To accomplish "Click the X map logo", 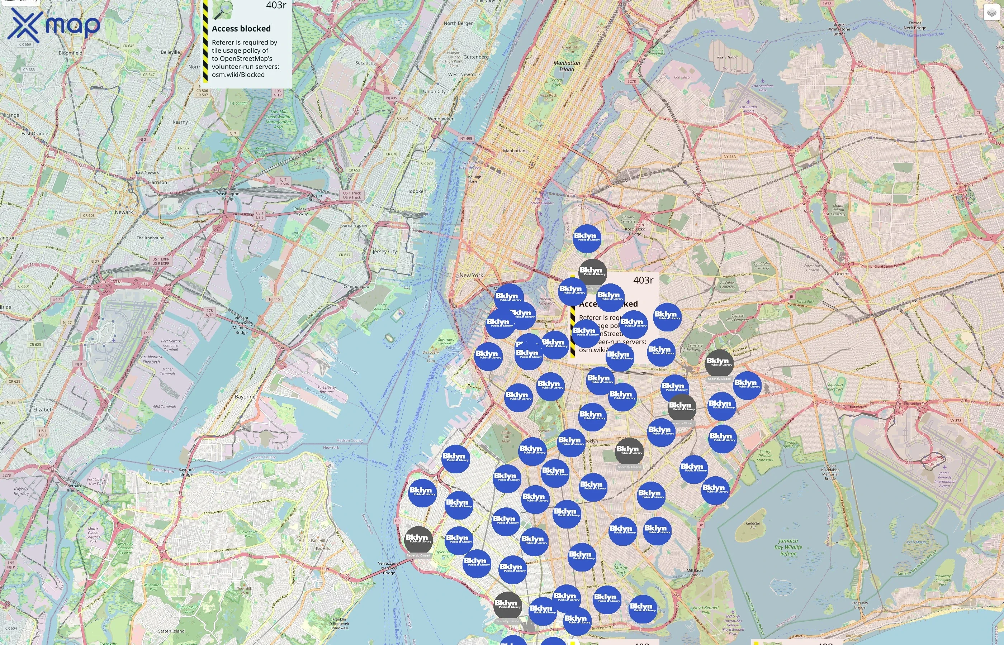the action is coord(54,25).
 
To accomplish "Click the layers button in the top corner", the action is coord(991,13).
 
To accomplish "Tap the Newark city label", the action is coord(124,212).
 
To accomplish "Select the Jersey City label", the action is coord(384,252).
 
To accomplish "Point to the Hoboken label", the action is coord(416,191).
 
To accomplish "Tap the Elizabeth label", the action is coord(44,410).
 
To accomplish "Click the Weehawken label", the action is coord(441,119).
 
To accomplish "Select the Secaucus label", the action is coord(365,63).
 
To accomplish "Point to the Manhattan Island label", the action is coord(567,66).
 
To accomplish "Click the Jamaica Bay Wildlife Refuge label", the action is coord(788,547).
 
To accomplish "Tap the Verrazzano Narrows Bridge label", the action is coord(388,568).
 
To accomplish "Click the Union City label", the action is coord(434,91).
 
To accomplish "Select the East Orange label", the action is coord(35,134).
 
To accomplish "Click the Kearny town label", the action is coord(180,122).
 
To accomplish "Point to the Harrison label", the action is coord(157,183).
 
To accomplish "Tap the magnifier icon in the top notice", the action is coord(223,10).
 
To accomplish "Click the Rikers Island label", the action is coord(727,57).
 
